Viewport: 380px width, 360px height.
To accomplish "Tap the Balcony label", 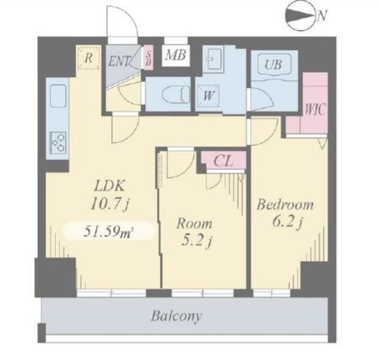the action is click(x=176, y=316).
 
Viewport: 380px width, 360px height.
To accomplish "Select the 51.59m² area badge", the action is click(x=109, y=231).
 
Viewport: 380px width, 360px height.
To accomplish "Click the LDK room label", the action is click(x=110, y=187).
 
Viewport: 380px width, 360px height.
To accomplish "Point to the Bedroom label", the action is click(x=285, y=204).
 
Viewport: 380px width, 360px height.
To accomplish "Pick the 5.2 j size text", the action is click(x=197, y=241).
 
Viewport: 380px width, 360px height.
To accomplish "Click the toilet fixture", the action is click(x=176, y=94).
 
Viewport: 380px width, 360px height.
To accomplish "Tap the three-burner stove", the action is click(x=58, y=143).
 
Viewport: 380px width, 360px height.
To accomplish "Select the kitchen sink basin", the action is click(x=58, y=96).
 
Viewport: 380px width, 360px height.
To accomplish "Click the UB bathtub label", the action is click(x=274, y=64).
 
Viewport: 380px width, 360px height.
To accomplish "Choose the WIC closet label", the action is click(x=315, y=109).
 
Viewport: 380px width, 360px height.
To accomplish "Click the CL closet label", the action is click(x=223, y=161).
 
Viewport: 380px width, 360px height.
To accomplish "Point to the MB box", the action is click(x=175, y=56).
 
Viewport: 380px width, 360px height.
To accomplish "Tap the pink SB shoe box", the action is click(x=148, y=58).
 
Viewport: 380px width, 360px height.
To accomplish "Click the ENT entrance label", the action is click(x=119, y=61).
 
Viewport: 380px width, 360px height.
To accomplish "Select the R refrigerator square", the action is click(x=88, y=58).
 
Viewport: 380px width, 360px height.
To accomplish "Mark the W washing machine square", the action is click(x=208, y=95).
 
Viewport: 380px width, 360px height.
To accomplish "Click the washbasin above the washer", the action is click(x=213, y=59).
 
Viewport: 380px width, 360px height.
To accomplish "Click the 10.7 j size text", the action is click(x=110, y=203).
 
